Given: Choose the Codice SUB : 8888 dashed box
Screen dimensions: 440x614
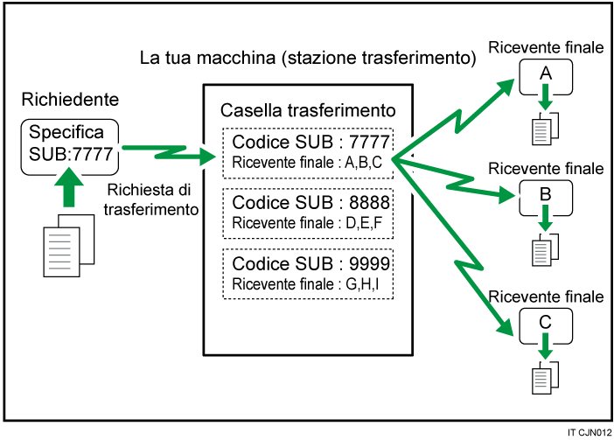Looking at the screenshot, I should (x=308, y=212).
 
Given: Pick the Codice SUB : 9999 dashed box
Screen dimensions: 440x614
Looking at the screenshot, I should (x=308, y=274).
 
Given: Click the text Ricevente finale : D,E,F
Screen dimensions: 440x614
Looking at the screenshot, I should (x=308, y=223).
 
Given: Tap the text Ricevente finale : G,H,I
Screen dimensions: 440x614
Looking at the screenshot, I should (x=308, y=284).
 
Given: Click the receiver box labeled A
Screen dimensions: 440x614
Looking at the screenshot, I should (x=545, y=78).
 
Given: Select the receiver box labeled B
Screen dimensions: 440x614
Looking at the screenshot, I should (x=545, y=197).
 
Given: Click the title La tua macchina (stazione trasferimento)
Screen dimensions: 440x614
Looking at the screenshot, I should (x=307, y=59).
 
